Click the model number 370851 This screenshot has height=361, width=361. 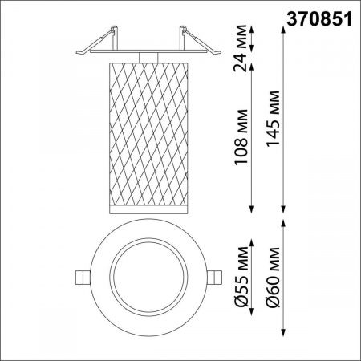(x=319, y=19)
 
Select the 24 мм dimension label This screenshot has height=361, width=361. (x=241, y=48)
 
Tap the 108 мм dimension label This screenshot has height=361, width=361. (x=241, y=136)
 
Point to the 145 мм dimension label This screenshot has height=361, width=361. (x=273, y=119)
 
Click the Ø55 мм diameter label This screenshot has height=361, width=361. (x=241, y=277)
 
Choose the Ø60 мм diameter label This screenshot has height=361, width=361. (x=273, y=277)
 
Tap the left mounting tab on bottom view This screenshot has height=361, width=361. (x=83, y=278)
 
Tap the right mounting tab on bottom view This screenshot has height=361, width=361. (x=215, y=278)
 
